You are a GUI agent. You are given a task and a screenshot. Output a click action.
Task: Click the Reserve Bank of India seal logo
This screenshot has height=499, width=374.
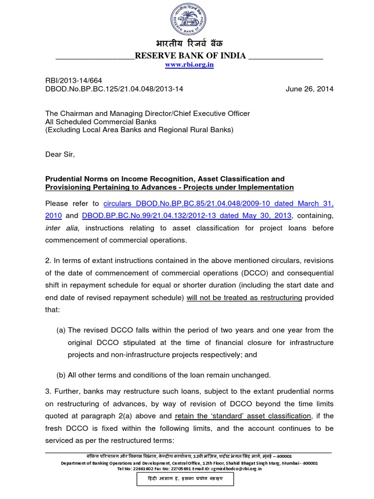(187, 19)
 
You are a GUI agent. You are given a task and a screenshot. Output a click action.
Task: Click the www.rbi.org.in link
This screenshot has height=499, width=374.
(189, 65)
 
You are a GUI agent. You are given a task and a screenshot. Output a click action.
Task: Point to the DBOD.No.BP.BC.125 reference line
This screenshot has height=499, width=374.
(114, 89)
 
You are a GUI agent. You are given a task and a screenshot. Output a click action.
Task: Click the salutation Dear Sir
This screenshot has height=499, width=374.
(60, 154)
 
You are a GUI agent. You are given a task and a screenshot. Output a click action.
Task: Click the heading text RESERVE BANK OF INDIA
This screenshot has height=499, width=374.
(190, 56)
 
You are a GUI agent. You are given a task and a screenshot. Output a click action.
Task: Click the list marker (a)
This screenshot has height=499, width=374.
(61, 330)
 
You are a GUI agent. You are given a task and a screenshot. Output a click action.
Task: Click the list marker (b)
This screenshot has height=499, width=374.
(61, 375)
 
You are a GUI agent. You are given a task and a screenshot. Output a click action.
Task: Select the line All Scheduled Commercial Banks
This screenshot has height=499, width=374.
(101, 121)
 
